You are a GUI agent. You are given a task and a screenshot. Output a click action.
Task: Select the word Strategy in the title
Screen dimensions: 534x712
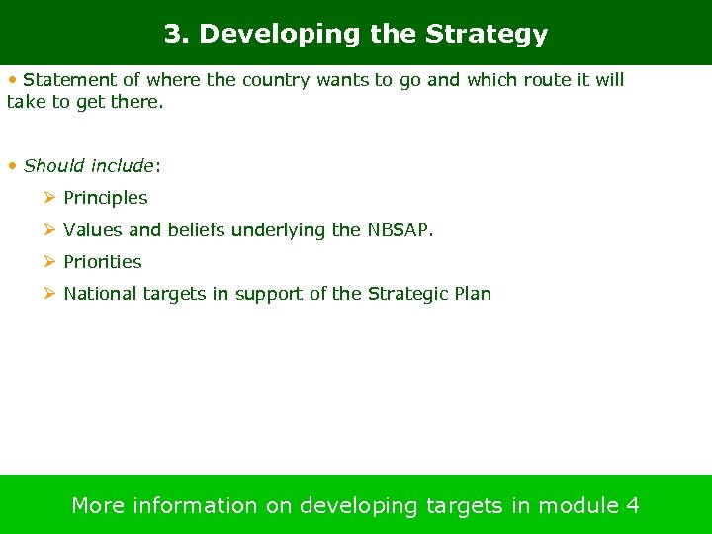click(486, 35)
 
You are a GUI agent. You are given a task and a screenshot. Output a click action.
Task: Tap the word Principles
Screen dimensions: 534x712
click(106, 198)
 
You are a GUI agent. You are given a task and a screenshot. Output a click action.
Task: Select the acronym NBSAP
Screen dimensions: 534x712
click(400, 230)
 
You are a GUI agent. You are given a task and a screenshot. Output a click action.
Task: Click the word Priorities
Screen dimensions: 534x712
click(103, 262)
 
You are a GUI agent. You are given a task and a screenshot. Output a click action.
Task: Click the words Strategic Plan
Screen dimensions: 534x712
click(429, 294)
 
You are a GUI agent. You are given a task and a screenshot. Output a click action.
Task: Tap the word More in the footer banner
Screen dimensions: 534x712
click(98, 506)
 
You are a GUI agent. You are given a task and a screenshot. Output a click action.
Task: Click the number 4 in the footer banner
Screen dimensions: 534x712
click(633, 506)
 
